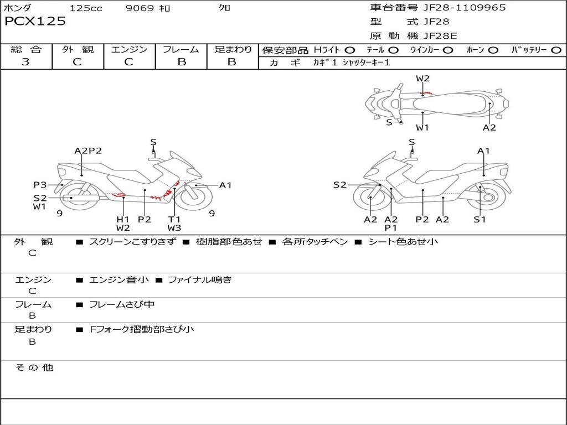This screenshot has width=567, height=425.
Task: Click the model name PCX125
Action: [35, 22]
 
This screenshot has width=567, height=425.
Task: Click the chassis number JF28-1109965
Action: [465, 8]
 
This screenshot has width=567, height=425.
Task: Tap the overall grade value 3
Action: [25, 62]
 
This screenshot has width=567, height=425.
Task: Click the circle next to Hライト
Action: [350, 50]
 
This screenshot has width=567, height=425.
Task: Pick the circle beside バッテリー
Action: [556, 50]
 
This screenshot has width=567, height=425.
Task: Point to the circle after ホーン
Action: [493, 50]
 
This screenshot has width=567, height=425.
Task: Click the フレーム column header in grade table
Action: [181, 49]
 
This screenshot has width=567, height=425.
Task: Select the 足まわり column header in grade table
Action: [233, 49]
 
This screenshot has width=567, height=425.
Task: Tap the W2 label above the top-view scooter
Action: [422, 79]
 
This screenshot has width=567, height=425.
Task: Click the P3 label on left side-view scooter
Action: [40, 185]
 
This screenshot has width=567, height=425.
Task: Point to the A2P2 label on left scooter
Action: [88, 151]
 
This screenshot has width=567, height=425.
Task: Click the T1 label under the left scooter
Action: [174, 219]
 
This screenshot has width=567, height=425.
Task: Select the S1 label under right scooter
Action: [480, 219]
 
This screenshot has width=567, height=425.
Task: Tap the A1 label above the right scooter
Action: [483, 151]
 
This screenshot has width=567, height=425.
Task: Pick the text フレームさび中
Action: [122, 305]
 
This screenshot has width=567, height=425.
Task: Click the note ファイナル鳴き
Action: [200, 279]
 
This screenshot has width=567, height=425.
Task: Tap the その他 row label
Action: [34, 367]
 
